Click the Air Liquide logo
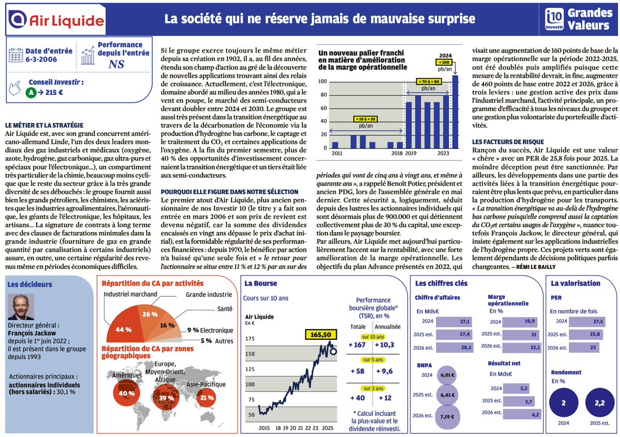57,19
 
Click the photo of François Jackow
21,307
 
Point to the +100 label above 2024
444,62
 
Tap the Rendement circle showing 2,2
599,403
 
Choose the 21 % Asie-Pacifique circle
207,398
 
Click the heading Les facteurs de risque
508,142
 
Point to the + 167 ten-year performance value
357,344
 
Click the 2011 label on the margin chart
336,154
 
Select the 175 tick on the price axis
251,338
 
